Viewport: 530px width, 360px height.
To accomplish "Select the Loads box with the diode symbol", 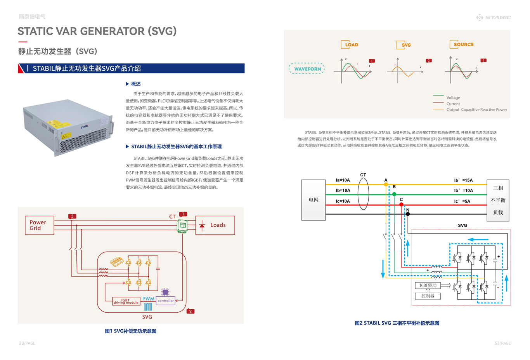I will (x=215, y=225).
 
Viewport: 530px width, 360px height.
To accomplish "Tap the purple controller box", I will (x=166, y=301).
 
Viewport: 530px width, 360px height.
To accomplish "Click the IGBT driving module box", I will (x=126, y=301).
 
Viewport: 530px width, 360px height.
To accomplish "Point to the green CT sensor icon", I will (x=182, y=225).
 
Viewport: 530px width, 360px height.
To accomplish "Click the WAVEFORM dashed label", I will (x=307, y=69).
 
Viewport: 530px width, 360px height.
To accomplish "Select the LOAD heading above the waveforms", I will (x=350, y=45).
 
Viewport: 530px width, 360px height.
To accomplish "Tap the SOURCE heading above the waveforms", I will (x=461, y=44).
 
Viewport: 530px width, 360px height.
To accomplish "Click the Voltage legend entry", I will (x=453, y=97).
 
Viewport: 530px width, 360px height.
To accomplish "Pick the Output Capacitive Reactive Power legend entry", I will (x=476, y=110).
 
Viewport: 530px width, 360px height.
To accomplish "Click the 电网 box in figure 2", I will (x=313, y=200).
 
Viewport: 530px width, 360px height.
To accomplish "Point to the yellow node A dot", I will (x=386, y=184).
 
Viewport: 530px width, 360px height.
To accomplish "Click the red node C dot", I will (x=401, y=205).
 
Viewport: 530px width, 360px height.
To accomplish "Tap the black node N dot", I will (x=407, y=214).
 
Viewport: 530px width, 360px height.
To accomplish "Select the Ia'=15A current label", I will (x=463, y=180).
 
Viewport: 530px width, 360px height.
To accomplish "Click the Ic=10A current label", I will (x=343, y=201).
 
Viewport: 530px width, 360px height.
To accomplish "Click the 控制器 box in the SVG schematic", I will (x=428, y=296).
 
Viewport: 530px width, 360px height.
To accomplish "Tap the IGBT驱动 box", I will (x=428, y=285).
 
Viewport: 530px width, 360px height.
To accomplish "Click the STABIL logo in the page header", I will (x=493, y=17).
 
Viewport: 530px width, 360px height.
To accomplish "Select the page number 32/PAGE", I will (x=27, y=343).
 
